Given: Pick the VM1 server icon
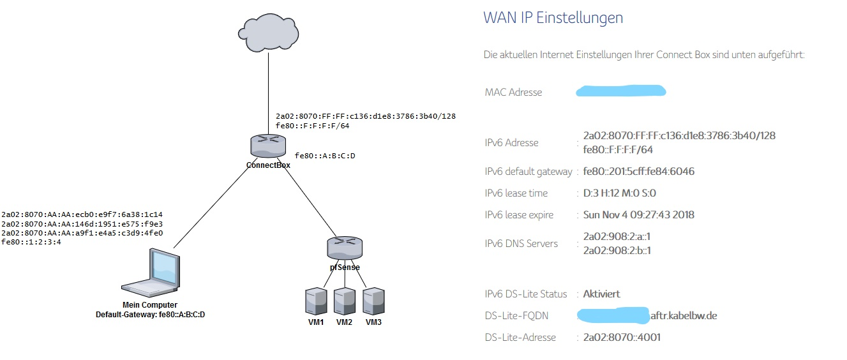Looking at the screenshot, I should tap(316, 301).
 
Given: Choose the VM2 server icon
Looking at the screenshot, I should tap(345, 301).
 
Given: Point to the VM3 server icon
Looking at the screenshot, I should tap(373, 301).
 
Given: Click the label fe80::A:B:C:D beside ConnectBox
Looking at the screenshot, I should tap(325, 156).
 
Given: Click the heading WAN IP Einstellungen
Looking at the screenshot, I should tap(553, 18).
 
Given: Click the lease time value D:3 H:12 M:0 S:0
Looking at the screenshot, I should tap(620, 193).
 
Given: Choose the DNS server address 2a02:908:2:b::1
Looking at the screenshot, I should tap(617, 250).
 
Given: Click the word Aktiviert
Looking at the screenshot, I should tap(601, 294).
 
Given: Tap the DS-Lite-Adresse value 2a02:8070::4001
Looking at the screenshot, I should tap(622, 337).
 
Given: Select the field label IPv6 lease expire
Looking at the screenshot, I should tap(519, 215).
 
